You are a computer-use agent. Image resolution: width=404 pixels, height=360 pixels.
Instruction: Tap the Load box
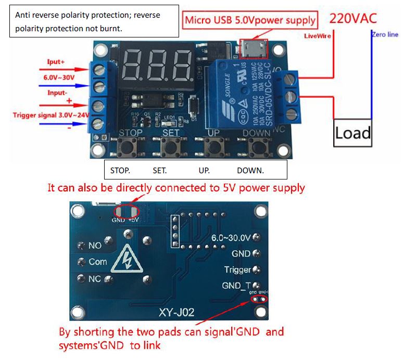point(352,133)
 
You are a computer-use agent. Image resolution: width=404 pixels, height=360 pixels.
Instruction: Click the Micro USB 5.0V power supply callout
point(250,20)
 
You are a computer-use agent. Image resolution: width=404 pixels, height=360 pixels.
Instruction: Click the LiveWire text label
point(318,36)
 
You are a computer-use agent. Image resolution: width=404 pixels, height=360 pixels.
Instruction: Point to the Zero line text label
point(385,35)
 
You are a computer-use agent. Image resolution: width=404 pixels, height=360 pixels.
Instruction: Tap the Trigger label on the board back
point(237,269)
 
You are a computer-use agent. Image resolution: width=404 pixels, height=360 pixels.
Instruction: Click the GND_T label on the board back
point(236,286)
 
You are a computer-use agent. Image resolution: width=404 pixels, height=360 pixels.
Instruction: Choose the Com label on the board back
point(98,262)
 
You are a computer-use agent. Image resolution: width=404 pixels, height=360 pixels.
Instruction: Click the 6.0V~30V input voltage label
point(59,78)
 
